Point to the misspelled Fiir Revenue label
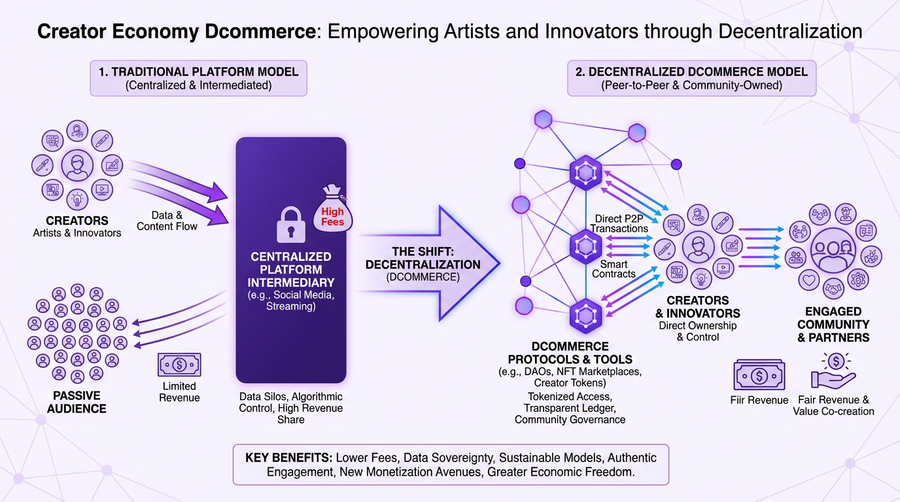[x=759, y=400]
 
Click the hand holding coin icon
[x=833, y=372]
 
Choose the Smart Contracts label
[x=614, y=269]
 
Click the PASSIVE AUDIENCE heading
[x=76, y=402]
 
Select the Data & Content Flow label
[x=167, y=220]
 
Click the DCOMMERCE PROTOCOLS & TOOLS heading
[x=570, y=352]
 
